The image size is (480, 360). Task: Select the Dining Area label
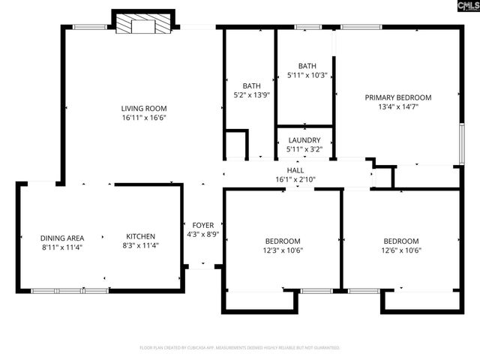click(x=61, y=238)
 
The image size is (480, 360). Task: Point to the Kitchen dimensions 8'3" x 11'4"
click(x=140, y=245)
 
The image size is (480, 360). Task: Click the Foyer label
click(x=203, y=224)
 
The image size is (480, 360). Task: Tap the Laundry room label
click(x=304, y=140)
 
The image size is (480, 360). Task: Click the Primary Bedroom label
click(x=397, y=97)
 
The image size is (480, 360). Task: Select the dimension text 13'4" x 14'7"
click(x=397, y=106)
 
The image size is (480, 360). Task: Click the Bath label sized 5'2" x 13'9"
click(x=251, y=85)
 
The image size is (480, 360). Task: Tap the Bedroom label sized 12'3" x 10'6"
click(x=283, y=241)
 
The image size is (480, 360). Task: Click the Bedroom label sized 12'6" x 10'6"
click(x=400, y=241)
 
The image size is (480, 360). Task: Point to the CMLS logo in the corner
click(x=461, y=10)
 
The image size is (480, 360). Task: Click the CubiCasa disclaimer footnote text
click(x=240, y=348)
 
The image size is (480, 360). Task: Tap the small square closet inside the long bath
click(x=236, y=144)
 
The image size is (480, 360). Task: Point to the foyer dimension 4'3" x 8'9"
click(x=203, y=233)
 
